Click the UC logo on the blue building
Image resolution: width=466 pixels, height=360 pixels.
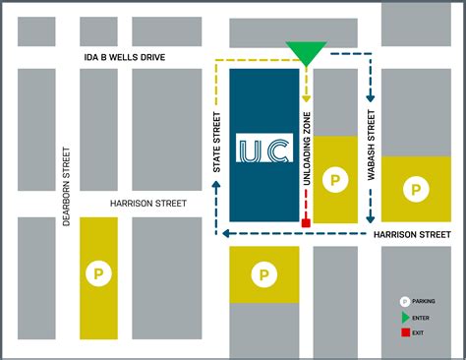pos(262,152)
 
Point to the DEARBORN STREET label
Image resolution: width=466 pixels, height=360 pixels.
pos(67,187)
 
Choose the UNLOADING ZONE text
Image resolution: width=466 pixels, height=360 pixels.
pos(307,149)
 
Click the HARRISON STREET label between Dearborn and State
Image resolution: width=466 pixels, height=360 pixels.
pos(148,204)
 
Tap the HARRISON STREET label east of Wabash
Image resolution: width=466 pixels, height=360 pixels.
pos(412,234)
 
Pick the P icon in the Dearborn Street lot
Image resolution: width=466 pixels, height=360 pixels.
pos(97,272)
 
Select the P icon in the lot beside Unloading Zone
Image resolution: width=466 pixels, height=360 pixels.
pos(334,181)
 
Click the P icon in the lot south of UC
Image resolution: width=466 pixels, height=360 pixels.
pos(263,275)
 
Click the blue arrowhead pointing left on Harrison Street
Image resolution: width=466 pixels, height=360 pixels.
pos(226,234)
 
